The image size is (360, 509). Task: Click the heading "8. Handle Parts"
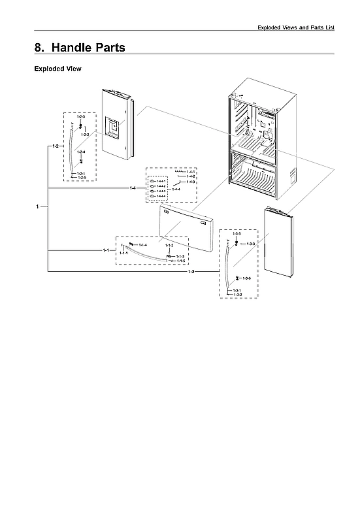click(x=80, y=48)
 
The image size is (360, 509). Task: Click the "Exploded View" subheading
click(x=57, y=69)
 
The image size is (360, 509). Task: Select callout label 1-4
click(x=133, y=188)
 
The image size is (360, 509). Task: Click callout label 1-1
click(x=105, y=250)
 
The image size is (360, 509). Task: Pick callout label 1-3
click(x=191, y=271)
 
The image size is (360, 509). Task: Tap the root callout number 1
click(x=38, y=207)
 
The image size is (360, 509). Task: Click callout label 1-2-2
click(x=85, y=134)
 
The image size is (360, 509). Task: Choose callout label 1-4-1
click(x=191, y=172)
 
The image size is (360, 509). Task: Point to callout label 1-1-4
click(x=143, y=244)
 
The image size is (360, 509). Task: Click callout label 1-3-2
click(x=238, y=295)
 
